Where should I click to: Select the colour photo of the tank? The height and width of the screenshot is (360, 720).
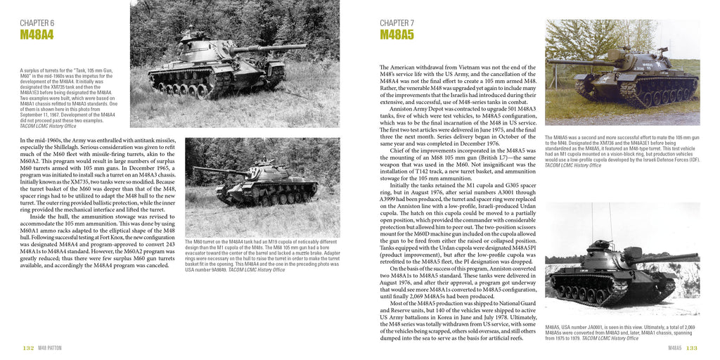(x=622, y=72)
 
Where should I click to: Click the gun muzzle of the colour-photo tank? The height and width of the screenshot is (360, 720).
(x=551, y=62)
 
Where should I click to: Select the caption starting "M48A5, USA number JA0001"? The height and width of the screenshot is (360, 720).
(x=622, y=332)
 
